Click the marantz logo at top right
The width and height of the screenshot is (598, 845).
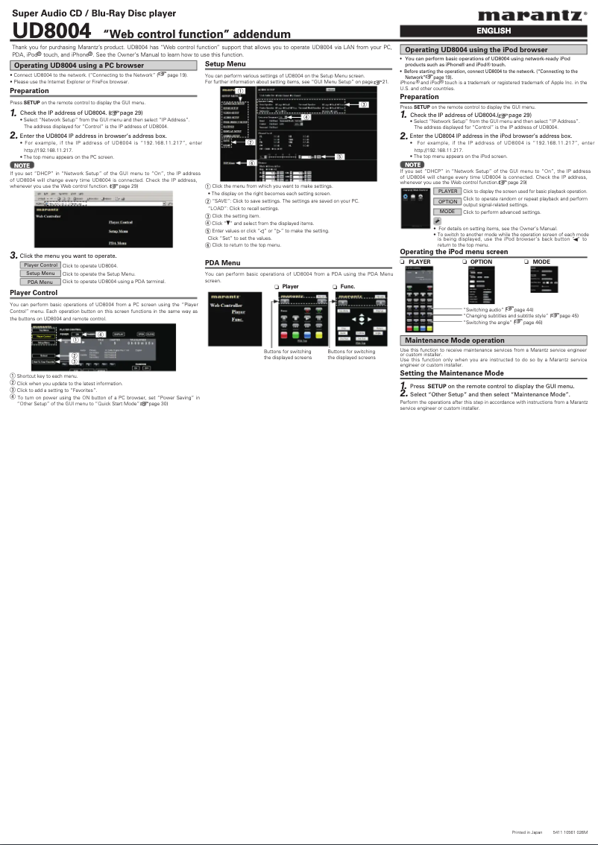coord(531,15)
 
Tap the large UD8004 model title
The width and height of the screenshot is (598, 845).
coord(51,32)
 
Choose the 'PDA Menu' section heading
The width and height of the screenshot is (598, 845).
coord(222,263)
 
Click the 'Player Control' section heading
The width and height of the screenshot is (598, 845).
coord(34,293)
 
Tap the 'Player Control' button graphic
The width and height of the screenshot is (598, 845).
coord(40,265)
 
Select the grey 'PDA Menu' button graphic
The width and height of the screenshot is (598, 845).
coord(40,282)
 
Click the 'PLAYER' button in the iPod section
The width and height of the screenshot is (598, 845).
coord(448,192)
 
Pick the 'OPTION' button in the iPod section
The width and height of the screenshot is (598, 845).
coord(448,201)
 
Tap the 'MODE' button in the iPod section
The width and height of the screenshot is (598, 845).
coord(448,211)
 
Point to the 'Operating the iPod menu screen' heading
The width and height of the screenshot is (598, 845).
coord(454,252)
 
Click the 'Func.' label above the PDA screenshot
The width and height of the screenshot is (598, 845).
coord(347,287)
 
